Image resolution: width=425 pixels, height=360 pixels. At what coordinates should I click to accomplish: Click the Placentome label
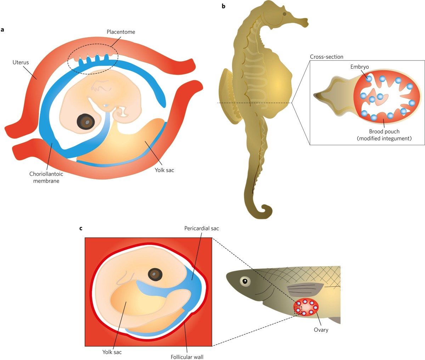(x=121, y=32)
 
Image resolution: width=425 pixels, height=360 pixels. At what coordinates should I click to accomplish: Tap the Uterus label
(x=21, y=62)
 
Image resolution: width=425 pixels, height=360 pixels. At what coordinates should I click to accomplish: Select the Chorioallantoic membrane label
(x=46, y=177)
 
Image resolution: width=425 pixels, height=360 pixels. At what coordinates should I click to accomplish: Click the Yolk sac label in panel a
(x=164, y=170)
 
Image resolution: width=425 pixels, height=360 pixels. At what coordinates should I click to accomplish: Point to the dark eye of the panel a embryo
(x=86, y=122)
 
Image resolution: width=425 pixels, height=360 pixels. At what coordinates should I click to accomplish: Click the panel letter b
(x=223, y=6)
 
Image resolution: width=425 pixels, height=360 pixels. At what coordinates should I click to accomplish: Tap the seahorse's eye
(x=284, y=14)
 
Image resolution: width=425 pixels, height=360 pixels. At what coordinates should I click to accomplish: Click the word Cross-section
(x=326, y=57)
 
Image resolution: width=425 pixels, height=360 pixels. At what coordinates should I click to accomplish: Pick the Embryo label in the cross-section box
(x=359, y=67)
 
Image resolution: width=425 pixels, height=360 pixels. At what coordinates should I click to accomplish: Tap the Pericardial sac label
(x=202, y=228)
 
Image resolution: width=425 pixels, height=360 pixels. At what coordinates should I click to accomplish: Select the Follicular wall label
(x=187, y=357)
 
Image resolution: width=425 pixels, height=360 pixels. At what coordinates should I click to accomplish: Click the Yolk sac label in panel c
(x=112, y=352)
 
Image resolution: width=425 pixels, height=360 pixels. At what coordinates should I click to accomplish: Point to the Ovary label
(x=321, y=330)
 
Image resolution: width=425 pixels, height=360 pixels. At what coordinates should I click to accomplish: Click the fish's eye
(x=244, y=281)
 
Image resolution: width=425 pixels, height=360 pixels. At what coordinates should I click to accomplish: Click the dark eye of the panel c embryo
(x=155, y=274)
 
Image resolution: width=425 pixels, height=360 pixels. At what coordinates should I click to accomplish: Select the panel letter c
(x=81, y=228)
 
